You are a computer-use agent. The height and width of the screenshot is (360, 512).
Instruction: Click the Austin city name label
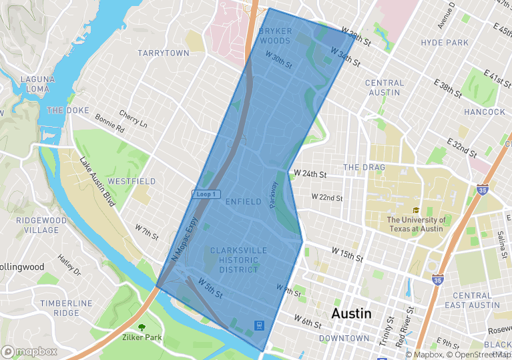point(351,314)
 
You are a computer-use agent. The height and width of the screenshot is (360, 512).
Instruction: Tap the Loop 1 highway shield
point(206,194)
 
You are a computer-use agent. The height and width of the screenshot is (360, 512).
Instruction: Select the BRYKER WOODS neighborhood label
point(274,36)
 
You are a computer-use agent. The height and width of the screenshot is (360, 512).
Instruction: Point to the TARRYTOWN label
point(164,53)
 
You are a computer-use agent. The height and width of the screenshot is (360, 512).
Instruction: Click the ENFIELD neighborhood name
point(243,201)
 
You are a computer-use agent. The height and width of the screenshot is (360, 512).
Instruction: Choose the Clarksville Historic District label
point(238,260)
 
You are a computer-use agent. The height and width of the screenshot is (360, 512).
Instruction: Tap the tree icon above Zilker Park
point(142,327)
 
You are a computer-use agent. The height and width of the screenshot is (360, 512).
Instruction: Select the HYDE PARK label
point(445,43)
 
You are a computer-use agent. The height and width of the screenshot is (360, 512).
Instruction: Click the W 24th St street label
point(310,175)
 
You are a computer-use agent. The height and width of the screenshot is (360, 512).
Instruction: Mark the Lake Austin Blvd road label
point(97,181)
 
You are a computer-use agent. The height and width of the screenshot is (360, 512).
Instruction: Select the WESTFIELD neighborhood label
point(132,182)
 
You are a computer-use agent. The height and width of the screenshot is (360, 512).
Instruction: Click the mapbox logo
point(29,351)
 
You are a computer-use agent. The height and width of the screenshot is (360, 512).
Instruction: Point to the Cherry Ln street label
point(133,118)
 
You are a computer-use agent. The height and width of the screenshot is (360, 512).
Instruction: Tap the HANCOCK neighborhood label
point(485,112)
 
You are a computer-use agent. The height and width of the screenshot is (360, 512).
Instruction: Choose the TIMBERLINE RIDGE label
point(65,308)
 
